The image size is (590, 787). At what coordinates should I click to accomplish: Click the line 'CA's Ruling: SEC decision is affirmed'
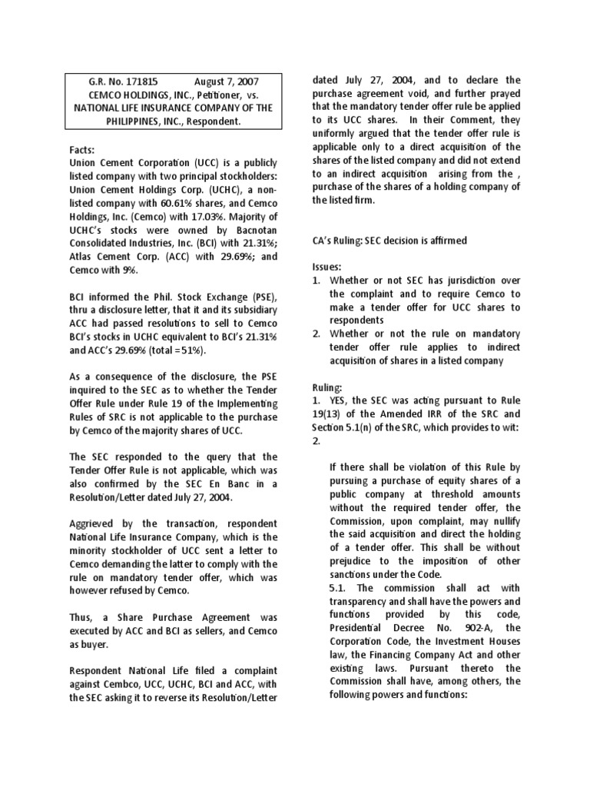(x=389, y=241)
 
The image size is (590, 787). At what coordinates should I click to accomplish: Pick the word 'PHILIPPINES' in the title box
(x=108, y=121)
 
